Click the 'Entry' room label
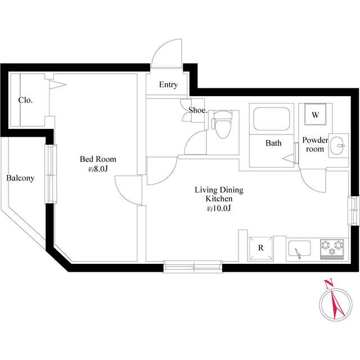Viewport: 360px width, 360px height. click(x=168, y=85)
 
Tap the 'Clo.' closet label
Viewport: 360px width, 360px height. click(x=25, y=100)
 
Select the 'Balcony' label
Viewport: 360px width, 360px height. click(x=20, y=178)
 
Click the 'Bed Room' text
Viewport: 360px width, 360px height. click(x=97, y=159)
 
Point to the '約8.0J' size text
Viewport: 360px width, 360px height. click(x=97, y=169)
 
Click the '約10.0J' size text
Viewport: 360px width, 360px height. click(x=219, y=209)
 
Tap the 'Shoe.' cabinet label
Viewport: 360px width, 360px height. click(x=198, y=110)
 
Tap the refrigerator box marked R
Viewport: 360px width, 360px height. click(x=260, y=247)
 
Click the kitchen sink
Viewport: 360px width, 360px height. click(x=301, y=247)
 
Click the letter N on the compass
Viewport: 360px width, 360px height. click(x=329, y=283)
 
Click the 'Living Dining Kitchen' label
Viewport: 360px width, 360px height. click(x=218, y=195)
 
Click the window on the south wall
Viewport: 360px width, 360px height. click(x=193, y=266)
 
